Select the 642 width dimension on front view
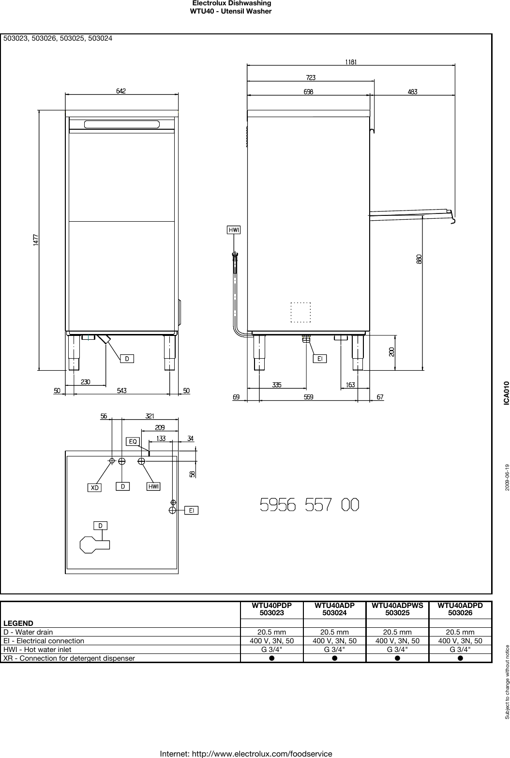[x=121, y=91]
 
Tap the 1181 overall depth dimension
[x=351, y=61]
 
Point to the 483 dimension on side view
[x=412, y=91]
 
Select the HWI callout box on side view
[x=234, y=230]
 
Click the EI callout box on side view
[x=320, y=359]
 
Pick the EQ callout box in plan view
[x=133, y=441]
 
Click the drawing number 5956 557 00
[x=310, y=505]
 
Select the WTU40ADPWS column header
[x=397, y=609]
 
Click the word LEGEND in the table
[x=18, y=623]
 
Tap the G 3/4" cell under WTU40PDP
[x=271, y=649]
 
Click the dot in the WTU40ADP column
[x=334, y=658]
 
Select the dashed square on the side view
[x=300, y=312]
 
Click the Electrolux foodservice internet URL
[x=246, y=754]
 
